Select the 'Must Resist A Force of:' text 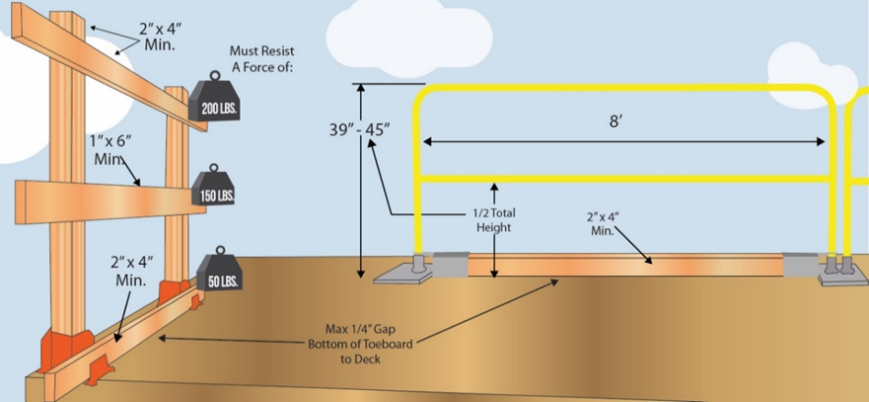262,57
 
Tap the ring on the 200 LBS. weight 213,77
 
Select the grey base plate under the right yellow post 838,278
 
